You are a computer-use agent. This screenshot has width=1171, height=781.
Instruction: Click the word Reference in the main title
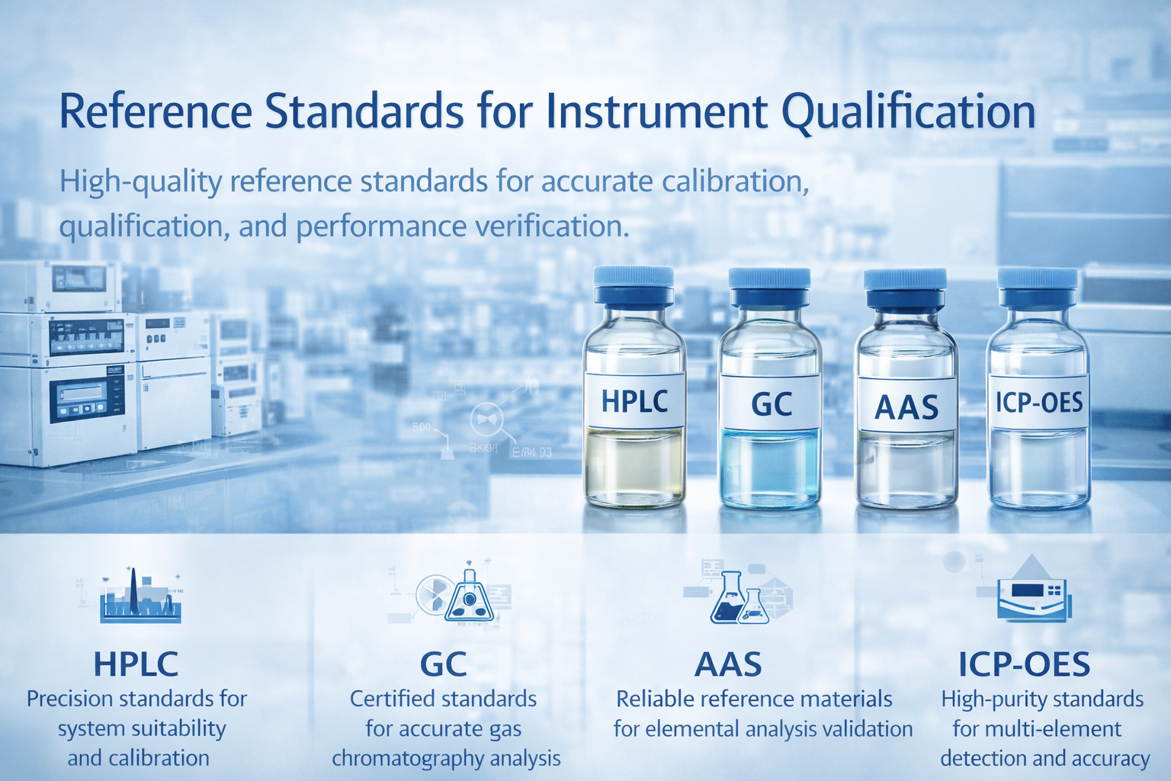[156, 111]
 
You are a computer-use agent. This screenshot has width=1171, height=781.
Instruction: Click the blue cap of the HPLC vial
[634, 284]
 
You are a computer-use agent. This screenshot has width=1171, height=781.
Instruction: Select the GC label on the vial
[771, 403]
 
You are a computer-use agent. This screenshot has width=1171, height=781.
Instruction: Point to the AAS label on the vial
[906, 406]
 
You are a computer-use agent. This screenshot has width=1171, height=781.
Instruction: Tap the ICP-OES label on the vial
[1038, 402]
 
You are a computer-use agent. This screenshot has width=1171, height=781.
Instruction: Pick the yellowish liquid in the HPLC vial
[634, 465]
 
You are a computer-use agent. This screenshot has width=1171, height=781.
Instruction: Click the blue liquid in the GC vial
[770, 465]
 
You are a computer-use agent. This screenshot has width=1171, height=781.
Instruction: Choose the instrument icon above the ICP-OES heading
[1034, 595]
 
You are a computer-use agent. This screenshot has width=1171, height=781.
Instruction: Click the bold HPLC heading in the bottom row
[136, 664]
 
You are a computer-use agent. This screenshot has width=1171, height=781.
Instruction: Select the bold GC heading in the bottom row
[443, 664]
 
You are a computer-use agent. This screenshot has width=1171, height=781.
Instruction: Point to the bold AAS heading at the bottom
[728, 664]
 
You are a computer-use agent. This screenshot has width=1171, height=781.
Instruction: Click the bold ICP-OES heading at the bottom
[1024, 664]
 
